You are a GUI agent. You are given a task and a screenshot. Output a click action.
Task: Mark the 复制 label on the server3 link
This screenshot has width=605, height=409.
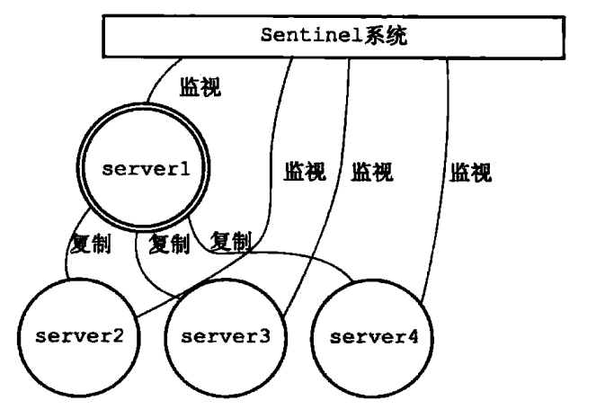click(x=168, y=244)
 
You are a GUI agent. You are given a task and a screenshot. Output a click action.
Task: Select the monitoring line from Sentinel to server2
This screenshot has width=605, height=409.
click(x=270, y=180)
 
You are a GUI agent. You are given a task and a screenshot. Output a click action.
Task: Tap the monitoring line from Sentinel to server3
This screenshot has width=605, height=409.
click(x=334, y=180)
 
